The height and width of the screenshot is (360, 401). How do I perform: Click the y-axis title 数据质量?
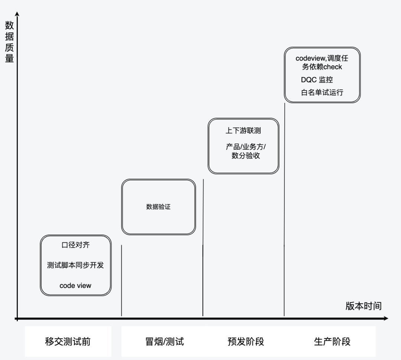coord(9,42)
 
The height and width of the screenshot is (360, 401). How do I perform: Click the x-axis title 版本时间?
coord(363,306)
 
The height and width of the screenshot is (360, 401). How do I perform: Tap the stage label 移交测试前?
coord(68,341)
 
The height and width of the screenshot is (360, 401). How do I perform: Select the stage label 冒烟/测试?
coord(164,341)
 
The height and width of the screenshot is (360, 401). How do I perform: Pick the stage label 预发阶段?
coord(245,341)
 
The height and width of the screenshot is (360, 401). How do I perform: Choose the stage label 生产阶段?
coord(332,341)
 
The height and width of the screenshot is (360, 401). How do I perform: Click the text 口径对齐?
coord(75,245)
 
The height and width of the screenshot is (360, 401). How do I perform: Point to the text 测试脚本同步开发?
coord(75,265)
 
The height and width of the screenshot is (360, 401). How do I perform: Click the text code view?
coord(75,285)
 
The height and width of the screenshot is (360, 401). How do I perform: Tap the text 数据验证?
coord(158,207)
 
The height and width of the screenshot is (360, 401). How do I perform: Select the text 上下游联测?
coord(243,131)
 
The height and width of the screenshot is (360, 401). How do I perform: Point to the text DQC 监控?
coord(317,80)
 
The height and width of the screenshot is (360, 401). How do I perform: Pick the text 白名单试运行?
coord(322,92)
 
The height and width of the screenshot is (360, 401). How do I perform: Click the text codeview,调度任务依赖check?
coord(322,62)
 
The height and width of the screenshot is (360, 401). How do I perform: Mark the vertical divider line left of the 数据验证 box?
coord(122,280)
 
